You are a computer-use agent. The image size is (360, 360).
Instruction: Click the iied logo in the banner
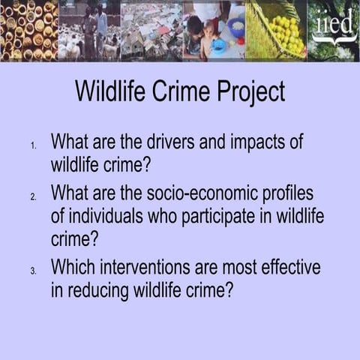(x=334, y=30)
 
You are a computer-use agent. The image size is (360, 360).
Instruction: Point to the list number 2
(x=34, y=196)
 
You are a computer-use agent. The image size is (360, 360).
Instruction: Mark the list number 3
(x=34, y=270)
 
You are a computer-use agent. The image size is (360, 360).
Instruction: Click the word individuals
(x=107, y=217)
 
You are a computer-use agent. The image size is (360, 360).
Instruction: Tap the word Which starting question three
(x=75, y=266)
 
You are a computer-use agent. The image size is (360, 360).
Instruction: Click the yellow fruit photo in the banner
(x=277, y=30)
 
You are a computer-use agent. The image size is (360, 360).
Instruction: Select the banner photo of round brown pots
(x=28, y=30)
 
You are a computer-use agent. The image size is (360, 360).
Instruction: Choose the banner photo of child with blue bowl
(x=214, y=30)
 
